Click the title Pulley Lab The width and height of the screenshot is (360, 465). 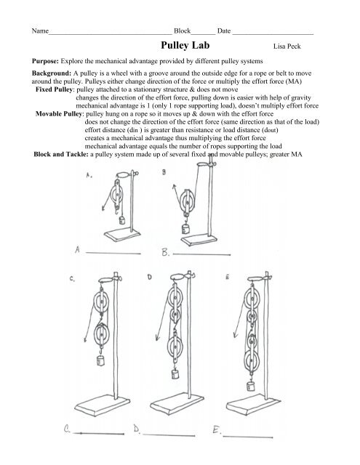pos(185,45)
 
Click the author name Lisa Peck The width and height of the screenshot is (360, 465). pos(287,46)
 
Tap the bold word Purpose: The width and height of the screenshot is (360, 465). pos(45,61)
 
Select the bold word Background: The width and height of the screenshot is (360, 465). pos(52,73)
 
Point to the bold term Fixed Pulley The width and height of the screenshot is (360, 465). pos(54,89)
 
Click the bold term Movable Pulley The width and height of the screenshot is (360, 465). pos(58,113)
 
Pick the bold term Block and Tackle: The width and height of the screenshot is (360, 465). pos(61,154)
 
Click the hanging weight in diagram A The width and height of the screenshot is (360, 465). pos(122,220)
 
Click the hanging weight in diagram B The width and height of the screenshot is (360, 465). pos(185,229)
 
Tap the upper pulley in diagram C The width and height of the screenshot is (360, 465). pos(101,302)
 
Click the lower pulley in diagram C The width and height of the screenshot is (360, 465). pos(102,334)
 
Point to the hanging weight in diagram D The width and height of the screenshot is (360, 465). pos(175,374)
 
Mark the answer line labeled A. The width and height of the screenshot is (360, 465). pos(113,254)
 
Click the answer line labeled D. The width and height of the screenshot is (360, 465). pos(169,435)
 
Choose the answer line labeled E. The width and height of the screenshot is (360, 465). pos(248,437)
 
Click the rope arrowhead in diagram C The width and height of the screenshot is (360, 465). pos(86,339)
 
